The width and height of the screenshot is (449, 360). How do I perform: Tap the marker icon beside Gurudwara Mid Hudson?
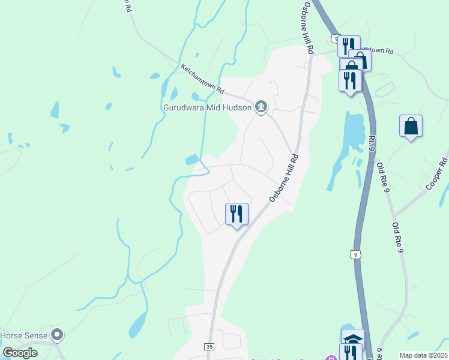(261, 108)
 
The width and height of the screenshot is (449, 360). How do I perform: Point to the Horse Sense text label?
(24, 335)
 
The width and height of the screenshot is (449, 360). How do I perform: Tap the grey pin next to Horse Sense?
(57, 334)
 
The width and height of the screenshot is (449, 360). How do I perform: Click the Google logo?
(20, 353)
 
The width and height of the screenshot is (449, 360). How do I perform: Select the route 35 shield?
(209, 347)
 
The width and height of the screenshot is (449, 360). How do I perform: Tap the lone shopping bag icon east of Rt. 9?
(411, 126)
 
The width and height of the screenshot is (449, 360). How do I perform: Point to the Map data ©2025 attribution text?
(423, 355)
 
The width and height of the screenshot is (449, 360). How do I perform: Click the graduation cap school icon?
(353, 338)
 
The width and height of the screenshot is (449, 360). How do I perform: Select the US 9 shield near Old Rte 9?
(357, 254)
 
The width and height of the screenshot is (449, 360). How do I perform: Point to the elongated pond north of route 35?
(138, 324)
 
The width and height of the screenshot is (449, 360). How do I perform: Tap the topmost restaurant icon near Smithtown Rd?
(348, 45)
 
